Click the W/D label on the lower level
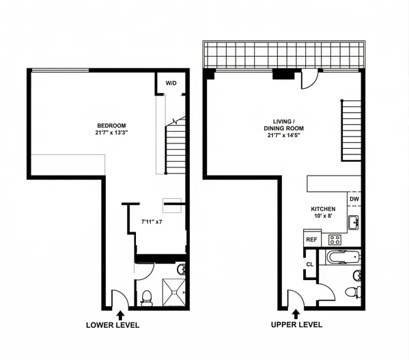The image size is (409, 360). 171,84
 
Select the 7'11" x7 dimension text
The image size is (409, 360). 151,222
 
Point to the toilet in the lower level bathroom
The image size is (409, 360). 145,296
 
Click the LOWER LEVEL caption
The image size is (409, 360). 113,325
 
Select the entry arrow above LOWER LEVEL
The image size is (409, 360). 122,314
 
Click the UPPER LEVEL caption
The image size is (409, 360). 296,325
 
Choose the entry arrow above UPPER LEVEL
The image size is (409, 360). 296,314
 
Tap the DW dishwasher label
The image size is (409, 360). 354,199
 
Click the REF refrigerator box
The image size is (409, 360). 311,239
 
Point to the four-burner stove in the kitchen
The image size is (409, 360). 335,239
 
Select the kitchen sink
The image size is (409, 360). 354,223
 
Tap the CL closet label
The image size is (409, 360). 309,264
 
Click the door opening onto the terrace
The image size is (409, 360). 309,81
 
